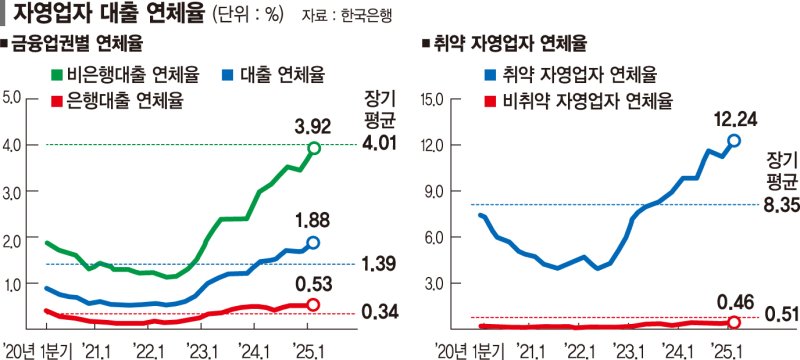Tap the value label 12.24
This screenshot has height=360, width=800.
click(734, 119)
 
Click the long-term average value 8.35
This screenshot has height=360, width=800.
click(781, 204)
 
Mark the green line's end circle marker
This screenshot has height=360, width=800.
click(314, 148)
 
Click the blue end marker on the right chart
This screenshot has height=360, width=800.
click(734, 141)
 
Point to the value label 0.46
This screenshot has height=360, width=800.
click(734, 300)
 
